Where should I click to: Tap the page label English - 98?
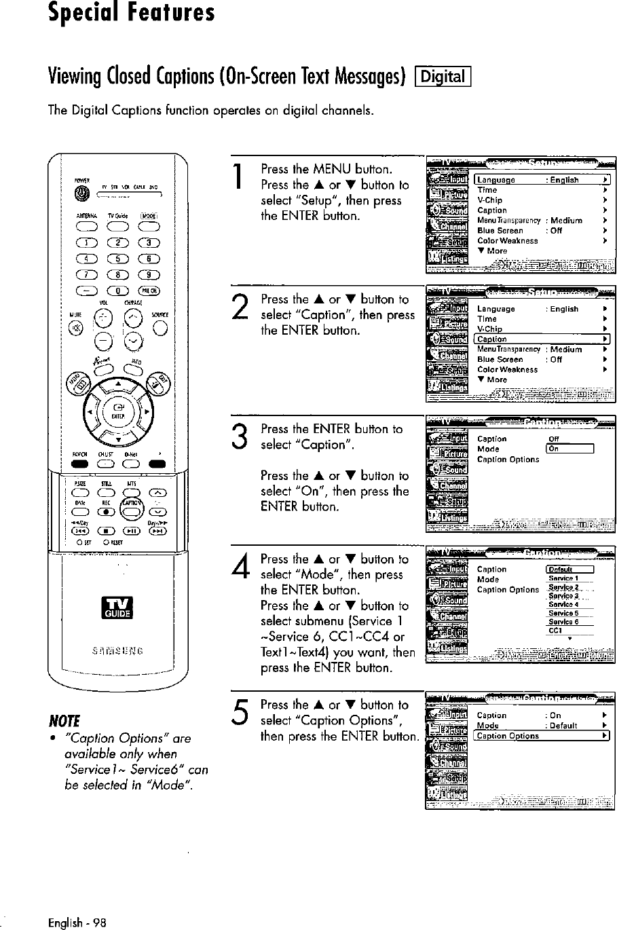point(77,922)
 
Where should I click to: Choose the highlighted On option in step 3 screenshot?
point(569,449)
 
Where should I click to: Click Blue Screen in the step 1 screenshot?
point(500,230)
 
